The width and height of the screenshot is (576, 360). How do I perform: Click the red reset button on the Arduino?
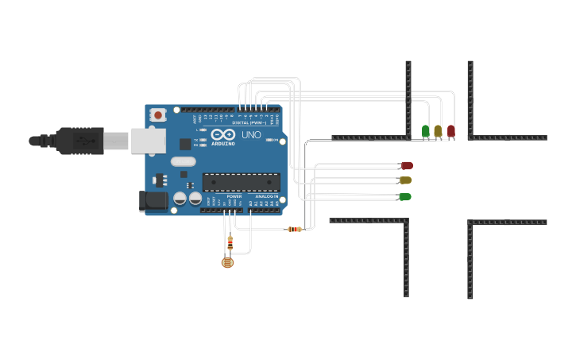tap(157, 115)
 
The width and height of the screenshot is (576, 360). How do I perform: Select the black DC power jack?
tap(153, 201)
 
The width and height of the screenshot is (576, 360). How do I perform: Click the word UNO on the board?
tap(251, 135)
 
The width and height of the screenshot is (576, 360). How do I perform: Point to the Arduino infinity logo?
tap(224, 134)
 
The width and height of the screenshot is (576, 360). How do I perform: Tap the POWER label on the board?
tap(234, 195)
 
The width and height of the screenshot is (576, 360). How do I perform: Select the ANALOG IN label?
tap(267, 195)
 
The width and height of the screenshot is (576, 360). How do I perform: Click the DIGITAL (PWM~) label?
tap(249, 122)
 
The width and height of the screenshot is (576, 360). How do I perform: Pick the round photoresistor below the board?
tap(228, 261)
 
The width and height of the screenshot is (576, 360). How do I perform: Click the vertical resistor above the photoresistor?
tap(230, 242)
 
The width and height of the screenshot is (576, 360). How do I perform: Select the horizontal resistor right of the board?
tap(294, 229)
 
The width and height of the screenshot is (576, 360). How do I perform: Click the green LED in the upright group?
tap(426, 130)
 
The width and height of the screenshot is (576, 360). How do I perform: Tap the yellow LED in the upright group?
tap(438, 130)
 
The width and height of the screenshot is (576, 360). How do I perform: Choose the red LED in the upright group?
tap(450, 130)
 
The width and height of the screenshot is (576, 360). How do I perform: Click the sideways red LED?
tap(407, 165)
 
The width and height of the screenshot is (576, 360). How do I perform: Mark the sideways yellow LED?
tap(405, 180)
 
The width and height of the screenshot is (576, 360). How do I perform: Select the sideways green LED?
tap(404, 196)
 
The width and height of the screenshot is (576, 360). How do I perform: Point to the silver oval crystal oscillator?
tap(183, 161)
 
